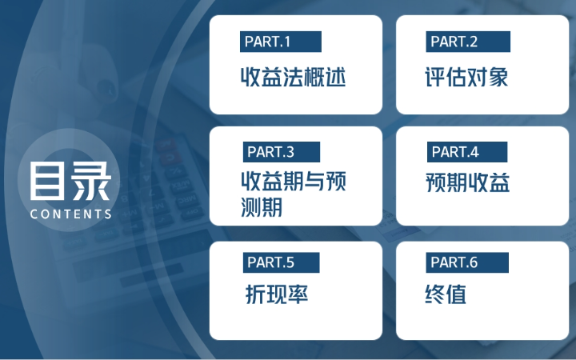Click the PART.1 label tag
[280, 42]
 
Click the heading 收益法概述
[293, 78]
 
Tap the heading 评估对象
[466, 78]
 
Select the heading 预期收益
[468, 182]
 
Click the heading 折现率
[277, 294]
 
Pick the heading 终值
[446, 294]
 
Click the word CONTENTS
[70, 214]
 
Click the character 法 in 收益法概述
[293, 78]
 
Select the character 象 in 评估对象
[498, 78]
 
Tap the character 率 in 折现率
[298, 294]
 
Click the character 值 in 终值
[456, 294]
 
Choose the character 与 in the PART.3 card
[314, 181]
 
